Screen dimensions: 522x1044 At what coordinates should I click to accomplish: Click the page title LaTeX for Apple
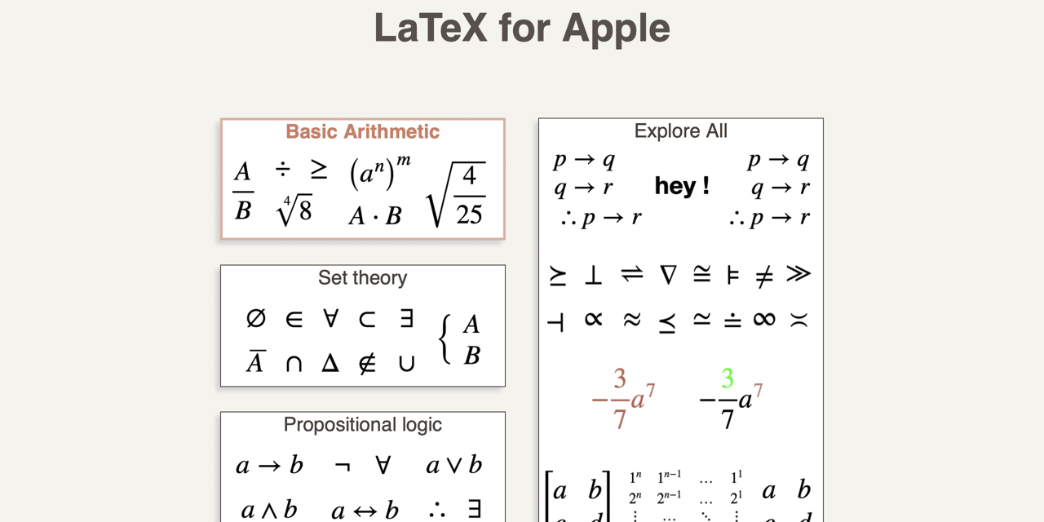522,28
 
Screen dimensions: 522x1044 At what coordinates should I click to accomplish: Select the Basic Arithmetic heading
362,131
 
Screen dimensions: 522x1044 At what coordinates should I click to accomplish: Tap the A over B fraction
242,192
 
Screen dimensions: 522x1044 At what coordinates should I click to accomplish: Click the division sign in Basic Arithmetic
282,169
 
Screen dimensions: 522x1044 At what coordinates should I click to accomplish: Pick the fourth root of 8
294,211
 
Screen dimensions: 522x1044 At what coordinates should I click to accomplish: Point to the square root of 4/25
457,195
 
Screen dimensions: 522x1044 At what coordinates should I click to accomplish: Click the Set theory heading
362,278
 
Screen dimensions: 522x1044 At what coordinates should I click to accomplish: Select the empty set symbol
256,318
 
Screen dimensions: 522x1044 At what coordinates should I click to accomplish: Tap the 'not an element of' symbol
368,363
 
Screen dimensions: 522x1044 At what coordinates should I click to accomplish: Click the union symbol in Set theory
406,364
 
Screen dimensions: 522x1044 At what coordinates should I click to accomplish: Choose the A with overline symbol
255,361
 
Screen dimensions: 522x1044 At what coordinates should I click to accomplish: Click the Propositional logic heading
362,425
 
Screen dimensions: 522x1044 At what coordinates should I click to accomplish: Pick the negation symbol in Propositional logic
343,466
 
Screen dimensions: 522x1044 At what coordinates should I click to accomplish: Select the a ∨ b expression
454,466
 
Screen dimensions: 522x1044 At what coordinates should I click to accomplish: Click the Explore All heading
680,131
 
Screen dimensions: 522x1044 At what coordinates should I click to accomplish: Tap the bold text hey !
682,186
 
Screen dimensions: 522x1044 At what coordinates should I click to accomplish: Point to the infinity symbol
764,319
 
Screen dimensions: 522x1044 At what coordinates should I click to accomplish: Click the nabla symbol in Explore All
668,275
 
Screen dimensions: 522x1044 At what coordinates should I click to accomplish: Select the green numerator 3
727,378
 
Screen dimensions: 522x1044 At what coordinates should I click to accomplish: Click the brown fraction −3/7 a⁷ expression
623,399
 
